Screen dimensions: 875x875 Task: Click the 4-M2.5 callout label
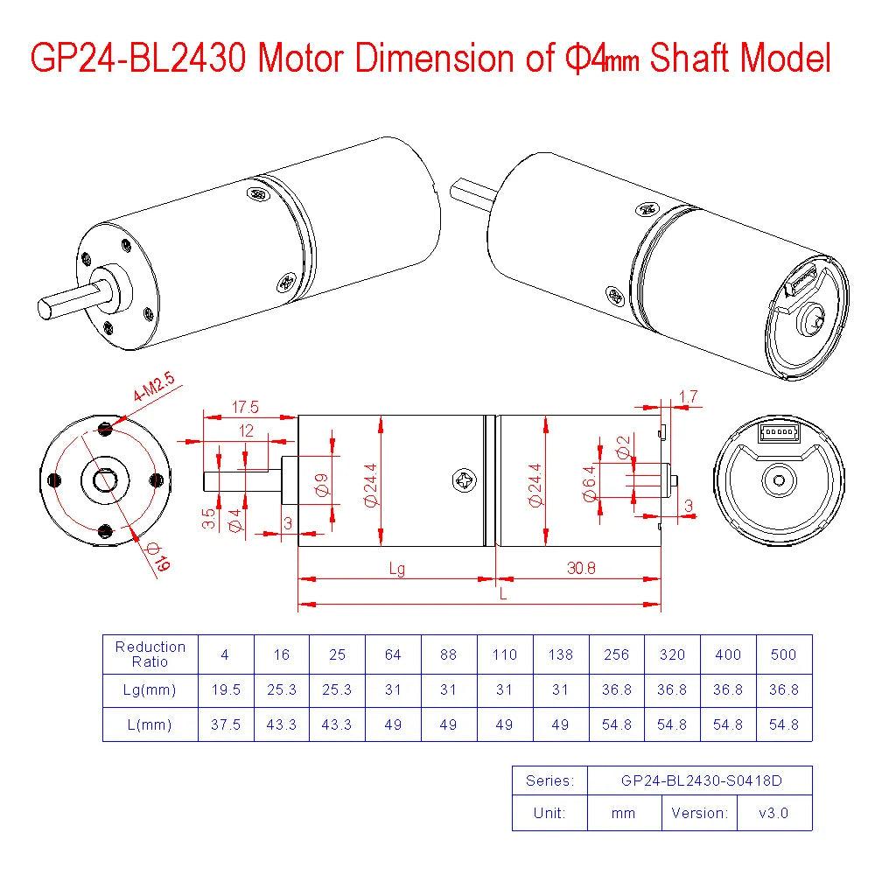(x=154, y=388)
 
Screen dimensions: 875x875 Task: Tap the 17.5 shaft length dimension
(x=246, y=408)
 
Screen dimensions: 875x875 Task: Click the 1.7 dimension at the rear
(x=689, y=397)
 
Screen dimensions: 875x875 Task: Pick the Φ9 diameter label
(x=322, y=485)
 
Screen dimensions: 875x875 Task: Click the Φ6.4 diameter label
(x=589, y=483)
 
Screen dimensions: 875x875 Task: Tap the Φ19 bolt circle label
(x=159, y=557)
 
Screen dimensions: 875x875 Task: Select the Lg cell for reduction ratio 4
(x=226, y=689)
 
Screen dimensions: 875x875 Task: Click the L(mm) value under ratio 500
(x=783, y=724)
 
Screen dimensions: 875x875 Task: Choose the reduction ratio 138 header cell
(x=560, y=654)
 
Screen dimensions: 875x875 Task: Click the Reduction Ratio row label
(x=150, y=654)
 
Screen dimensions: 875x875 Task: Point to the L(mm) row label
(x=150, y=724)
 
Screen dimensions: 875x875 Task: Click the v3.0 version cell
(x=773, y=813)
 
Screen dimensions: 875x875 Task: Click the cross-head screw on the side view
(x=463, y=480)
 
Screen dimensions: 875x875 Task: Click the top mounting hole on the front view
(x=105, y=429)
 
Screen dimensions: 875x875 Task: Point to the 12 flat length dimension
(x=247, y=430)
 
